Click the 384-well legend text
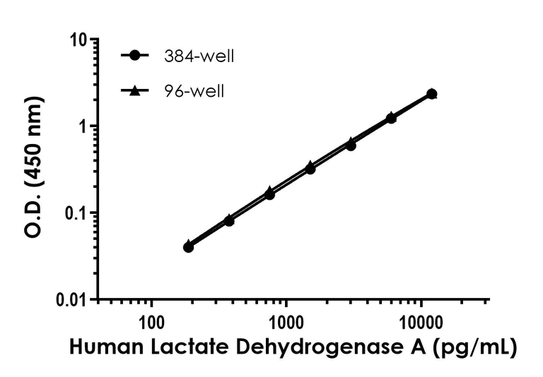tap(198, 56)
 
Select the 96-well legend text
tap(193, 91)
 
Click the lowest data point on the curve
tap(188, 246)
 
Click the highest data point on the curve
tap(431, 94)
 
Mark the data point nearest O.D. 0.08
tap(229, 221)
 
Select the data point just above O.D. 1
tap(391, 118)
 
